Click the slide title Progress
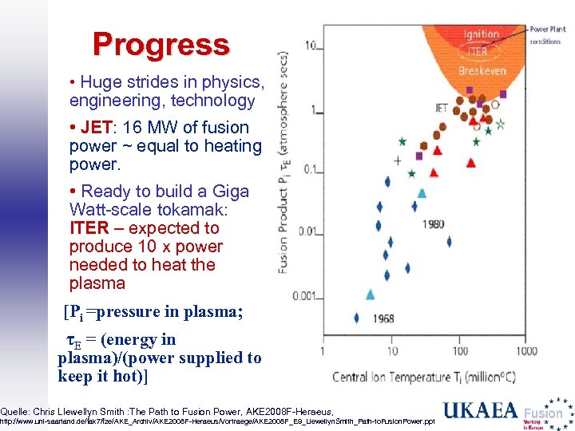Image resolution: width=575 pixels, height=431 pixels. pos(161,44)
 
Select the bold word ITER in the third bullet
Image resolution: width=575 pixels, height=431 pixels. pos(89,228)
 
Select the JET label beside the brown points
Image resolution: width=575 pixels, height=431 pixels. pos(442,107)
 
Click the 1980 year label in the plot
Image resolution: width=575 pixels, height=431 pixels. pos(431,224)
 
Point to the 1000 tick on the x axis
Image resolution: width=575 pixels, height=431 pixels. pos(525,350)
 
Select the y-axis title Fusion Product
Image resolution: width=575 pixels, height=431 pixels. pos(284,215)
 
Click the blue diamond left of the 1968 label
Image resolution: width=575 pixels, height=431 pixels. pos(356,318)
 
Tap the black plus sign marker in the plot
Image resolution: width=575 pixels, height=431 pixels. pos(398,160)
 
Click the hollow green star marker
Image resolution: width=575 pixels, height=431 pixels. pos(500,125)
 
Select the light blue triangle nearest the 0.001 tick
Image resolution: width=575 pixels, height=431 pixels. pos(370,295)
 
